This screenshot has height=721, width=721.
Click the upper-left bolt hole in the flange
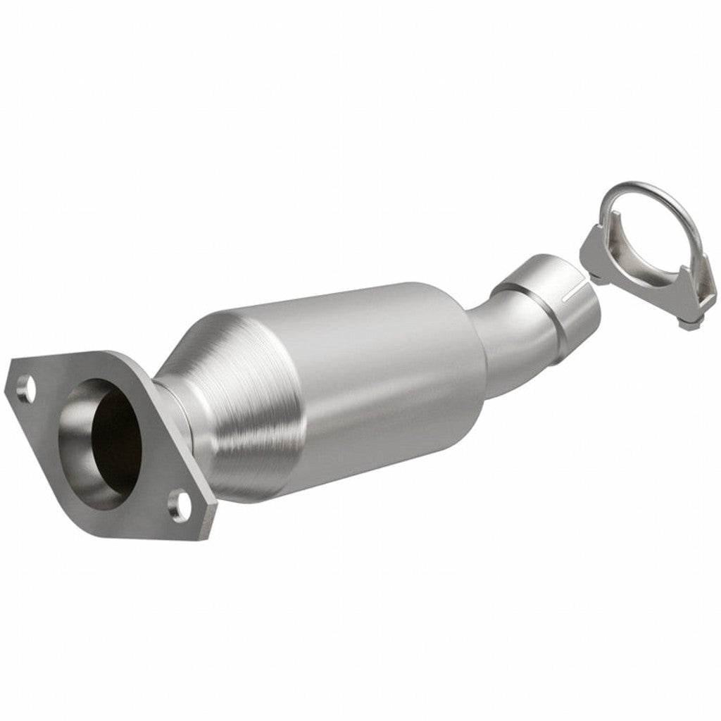(x=27, y=388)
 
